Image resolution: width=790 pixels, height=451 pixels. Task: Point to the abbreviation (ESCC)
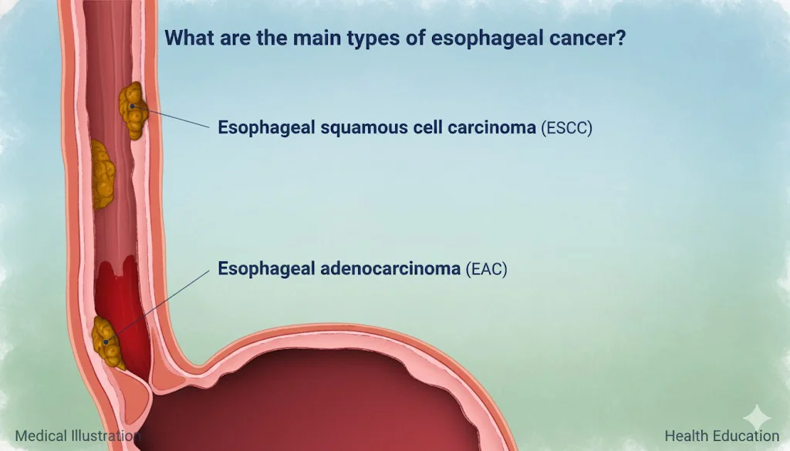(567, 128)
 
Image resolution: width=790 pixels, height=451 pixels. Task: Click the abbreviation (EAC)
(486, 269)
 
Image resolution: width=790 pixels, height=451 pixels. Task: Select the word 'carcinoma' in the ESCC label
(491, 127)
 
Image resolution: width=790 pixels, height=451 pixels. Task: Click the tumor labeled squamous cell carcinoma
(133, 110)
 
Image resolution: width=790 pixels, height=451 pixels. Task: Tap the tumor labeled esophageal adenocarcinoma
(107, 343)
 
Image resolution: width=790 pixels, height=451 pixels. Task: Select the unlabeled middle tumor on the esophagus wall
(103, 174)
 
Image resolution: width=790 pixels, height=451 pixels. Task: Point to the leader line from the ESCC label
(170, 116)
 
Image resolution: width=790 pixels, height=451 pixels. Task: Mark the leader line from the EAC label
(157, 307)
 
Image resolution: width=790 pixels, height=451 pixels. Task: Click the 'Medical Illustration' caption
(78, 436)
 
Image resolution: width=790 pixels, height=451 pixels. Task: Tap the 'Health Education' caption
(721, 436)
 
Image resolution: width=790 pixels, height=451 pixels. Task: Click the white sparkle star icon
(757, 419)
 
